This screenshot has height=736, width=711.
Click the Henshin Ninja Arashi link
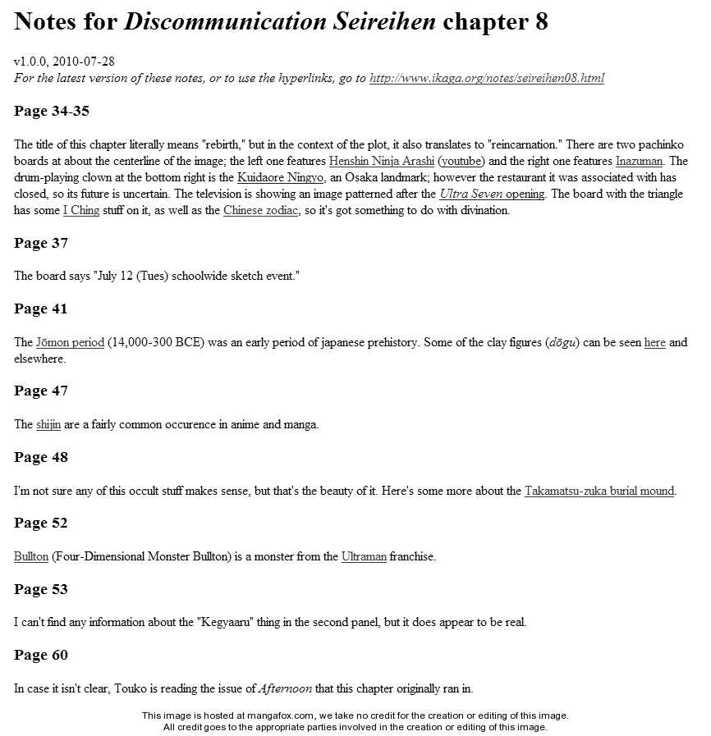381,162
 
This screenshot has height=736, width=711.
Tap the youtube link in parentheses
461,162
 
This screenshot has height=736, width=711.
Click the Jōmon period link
70,343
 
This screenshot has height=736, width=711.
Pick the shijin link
48,425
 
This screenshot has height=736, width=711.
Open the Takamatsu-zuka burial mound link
599,491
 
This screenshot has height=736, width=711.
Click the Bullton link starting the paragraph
31,557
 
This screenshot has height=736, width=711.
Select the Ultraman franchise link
364,557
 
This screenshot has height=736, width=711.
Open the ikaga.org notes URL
487,79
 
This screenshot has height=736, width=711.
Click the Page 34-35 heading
52,111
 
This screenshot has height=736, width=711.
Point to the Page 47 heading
41,391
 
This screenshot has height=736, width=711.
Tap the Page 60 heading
41,656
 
